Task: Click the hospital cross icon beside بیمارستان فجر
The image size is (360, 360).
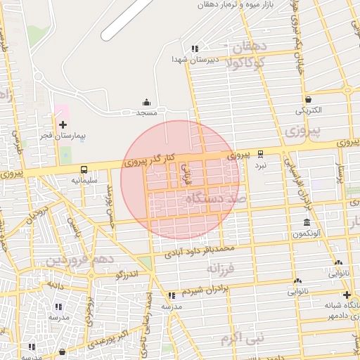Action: point(63,124)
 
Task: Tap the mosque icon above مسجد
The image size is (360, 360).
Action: point(146,103)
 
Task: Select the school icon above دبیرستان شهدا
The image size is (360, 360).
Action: point(195,49)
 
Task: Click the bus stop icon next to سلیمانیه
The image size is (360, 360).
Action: point(84,169)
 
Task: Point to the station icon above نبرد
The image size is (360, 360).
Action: point(261,154)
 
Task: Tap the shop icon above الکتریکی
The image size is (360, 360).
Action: point(308,100)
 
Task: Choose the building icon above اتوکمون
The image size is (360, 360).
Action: point(307,221)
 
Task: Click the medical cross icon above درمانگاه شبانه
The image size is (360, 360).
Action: point(346,295)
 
